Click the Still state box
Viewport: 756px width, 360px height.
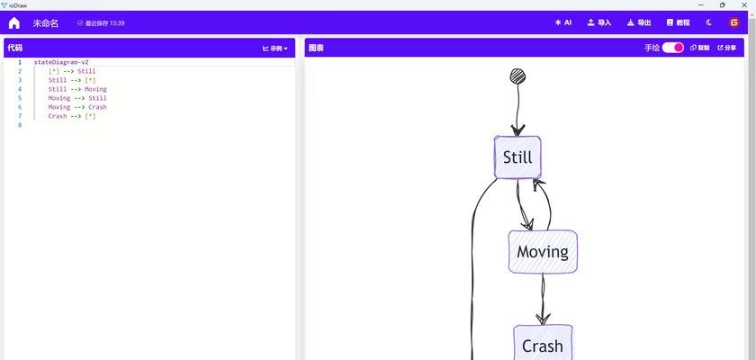click(517, 157)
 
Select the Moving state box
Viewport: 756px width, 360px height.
click(543, 252)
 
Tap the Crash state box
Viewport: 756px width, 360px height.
click(543, 343)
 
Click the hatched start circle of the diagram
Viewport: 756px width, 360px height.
click(517, 76)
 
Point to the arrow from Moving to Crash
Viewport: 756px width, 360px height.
click(543, 299)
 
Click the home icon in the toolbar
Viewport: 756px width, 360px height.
click(14, 22)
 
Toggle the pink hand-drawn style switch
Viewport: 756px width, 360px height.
click(672, 48)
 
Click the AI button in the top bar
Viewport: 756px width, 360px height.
click(563, 22)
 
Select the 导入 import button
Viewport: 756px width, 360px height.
click(599, 22)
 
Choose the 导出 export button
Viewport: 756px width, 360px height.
click(639, 22)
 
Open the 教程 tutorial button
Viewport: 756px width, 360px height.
click(678, 22)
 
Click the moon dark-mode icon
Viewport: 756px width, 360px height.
click(709, 22)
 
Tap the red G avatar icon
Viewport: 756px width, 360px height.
click(734, 22)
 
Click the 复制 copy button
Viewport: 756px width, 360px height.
click(699, 48)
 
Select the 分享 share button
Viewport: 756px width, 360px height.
click(727, 48)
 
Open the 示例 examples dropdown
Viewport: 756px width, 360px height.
click(275, 49)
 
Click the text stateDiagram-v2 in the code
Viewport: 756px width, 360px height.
click(61, 62)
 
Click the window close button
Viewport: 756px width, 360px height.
click(743, 4)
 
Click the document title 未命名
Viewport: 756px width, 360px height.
click(45, 23)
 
